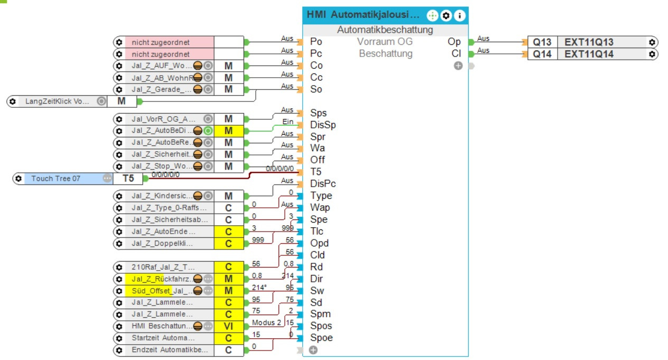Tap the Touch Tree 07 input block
55,179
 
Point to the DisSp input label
323,125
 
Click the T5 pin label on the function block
316,172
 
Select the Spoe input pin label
322,338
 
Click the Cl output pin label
456,53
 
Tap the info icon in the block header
459,15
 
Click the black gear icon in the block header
446,15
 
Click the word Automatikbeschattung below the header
385,30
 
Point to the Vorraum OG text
384,42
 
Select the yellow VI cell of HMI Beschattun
229,326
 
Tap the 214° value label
259,287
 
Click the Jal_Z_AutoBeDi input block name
161,131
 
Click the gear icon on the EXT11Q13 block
653,42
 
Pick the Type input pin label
321,196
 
